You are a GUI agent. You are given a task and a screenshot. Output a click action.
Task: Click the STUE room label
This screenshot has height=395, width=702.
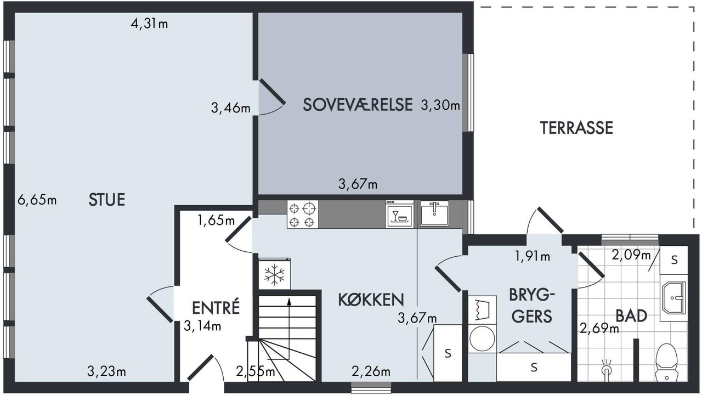click(107, 200)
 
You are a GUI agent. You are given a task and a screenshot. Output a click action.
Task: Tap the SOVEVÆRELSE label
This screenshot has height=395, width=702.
click(358, 105)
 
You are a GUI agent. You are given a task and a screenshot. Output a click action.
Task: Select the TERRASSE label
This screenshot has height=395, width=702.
click(576, 128)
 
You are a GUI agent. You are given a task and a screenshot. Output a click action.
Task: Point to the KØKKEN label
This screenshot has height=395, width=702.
click(371, 300)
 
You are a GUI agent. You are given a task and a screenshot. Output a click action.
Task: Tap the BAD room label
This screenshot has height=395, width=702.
click(631, 315)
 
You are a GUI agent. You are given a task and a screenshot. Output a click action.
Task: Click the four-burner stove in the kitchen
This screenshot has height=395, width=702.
click(302, 215)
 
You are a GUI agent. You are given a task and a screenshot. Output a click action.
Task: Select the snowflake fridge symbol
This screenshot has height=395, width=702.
click(275, 274)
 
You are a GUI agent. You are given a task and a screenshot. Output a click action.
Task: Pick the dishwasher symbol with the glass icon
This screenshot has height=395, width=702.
click(400, 215)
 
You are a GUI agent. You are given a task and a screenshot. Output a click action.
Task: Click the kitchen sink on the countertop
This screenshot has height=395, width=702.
click(434, 214)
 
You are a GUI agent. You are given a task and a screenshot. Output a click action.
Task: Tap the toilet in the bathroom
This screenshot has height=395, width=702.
click(666, 363)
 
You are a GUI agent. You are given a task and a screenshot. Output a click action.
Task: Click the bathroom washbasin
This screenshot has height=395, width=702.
click(674, 297)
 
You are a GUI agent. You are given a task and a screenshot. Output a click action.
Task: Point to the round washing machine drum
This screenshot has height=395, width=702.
click(482, 338)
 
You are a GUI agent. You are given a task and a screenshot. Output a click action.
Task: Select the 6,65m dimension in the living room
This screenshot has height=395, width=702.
click(37, 200)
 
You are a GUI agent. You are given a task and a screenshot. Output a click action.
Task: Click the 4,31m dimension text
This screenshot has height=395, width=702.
click(149, 24)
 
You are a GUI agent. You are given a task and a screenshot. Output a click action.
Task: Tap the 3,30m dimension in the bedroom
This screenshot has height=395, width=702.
click(440, 105)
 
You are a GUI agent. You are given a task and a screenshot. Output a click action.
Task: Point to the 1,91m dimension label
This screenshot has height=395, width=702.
click(533, 256)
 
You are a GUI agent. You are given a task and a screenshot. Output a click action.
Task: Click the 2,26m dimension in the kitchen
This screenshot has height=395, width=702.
click(371, 371)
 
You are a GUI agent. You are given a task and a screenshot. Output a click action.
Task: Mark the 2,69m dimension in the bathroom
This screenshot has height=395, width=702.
click(599, 329)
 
